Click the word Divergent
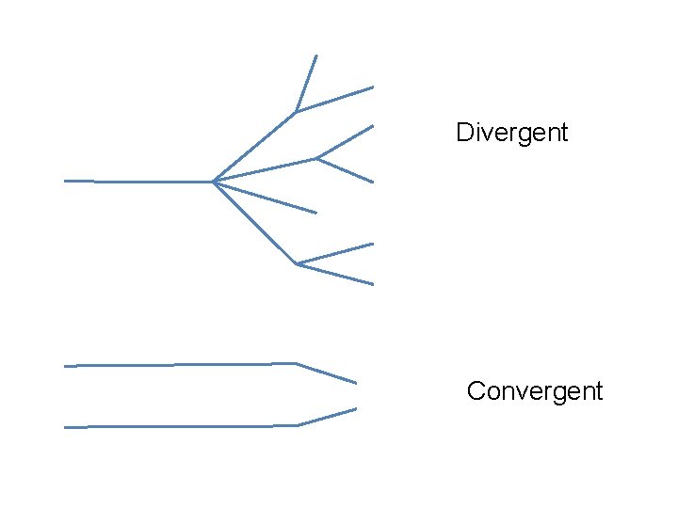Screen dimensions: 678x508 tap(511, 133)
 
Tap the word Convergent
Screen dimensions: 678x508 tap(534, 391)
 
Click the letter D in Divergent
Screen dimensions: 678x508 tap(463, 133)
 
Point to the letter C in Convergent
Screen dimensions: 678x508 tap(476, 391)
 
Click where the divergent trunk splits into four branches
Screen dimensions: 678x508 tap(214, 181)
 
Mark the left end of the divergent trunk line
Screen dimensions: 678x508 tap(65, 180)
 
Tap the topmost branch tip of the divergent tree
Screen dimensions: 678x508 tap(316, 56)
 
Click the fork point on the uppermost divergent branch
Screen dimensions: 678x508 tap(297, 112)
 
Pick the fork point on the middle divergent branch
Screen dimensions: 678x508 tap(316, 158)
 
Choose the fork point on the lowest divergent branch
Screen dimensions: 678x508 tap(298, 263)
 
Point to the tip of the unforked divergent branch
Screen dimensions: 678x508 tap(316, 213)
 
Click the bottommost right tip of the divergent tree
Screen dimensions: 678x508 tap(373, 284)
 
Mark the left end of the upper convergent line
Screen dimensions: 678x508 tap(65, 365)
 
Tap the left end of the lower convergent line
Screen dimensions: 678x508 tap(65, 427)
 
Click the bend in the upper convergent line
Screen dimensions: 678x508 tap(297, 363)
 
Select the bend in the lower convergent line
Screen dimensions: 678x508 tap(299, 425)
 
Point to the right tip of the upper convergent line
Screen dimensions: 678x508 tap(356, 383)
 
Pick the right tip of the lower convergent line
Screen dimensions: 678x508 tap(356, 408)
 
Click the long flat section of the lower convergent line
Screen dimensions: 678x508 tap(179, 426)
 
